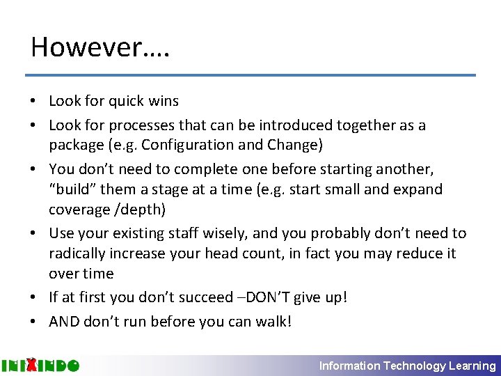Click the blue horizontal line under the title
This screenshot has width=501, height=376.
tap(250, 75)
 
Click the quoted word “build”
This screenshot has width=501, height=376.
tap(72, 189)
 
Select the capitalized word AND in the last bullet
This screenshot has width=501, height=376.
tap(64, 321)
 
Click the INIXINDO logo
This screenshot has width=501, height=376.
tap(40, 366)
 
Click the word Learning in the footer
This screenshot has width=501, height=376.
tap(473, 366)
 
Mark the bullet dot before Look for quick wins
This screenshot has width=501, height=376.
tap(33, 102)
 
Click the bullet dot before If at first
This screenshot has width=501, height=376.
tap(33, 298)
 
